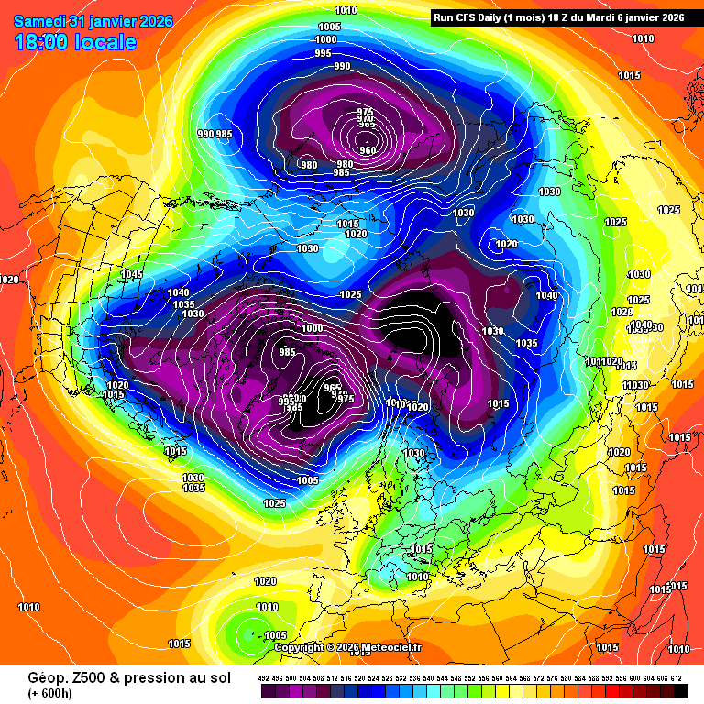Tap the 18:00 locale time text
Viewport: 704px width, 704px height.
[x=75, y=42]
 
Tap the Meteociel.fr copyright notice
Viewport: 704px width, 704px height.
[x=348, y=647]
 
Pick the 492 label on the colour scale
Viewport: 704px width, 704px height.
[x=264, y=677]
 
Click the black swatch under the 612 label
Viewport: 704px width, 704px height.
[x=679, y=689]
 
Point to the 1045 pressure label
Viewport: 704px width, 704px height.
[x=132, y=274]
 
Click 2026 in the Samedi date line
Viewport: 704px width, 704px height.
[x=152, y=20]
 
